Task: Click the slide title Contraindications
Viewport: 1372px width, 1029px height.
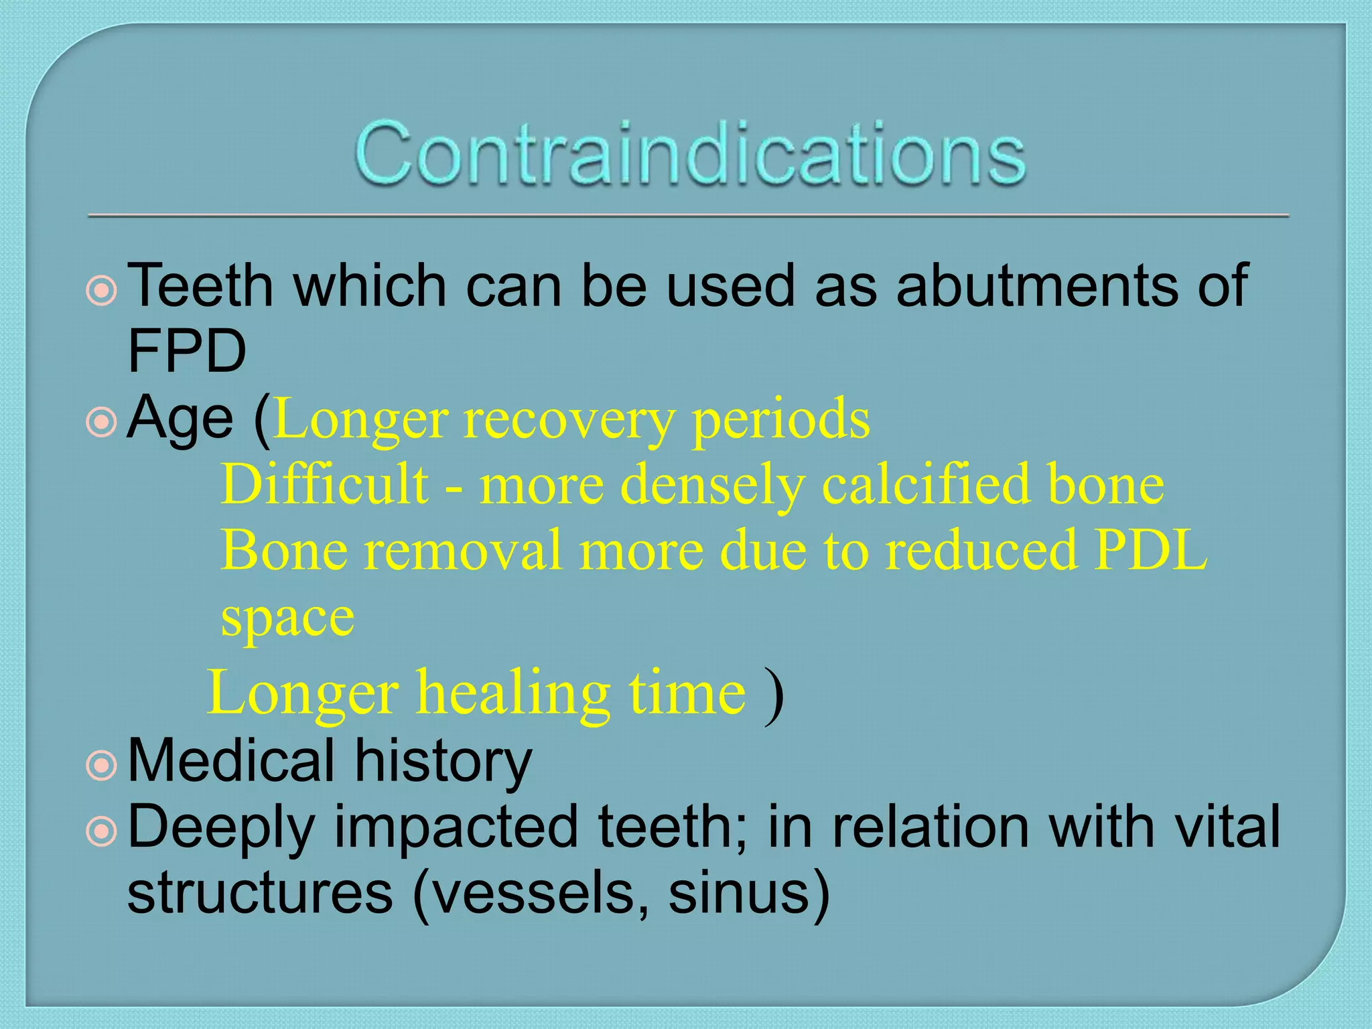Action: coord(690,154)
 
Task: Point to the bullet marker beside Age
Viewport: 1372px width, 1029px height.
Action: coord(102,423)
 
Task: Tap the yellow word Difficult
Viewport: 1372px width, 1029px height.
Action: coord(325,484)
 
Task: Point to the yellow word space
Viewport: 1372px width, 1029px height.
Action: coord(287,618)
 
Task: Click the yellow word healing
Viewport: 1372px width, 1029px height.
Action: coord(513,693)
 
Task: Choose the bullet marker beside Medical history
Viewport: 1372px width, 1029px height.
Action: coord(102,765)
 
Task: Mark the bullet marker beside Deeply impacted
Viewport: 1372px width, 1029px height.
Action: coord(102,831)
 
